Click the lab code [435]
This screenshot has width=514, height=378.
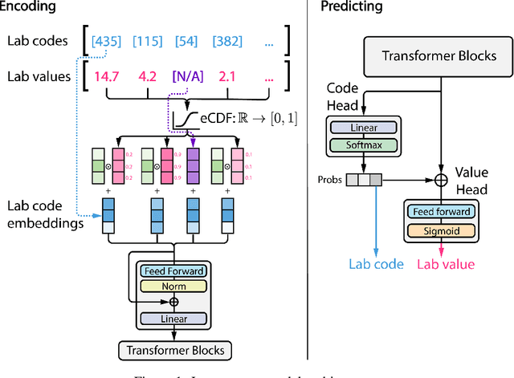pyautogui.click(x=108, y=41)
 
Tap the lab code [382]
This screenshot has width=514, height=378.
pyautogui.click(x=228, y=41)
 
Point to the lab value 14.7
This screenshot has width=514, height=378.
pyautogui.click(x=105, y=77)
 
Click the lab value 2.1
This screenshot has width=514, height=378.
pyautogui.click(x=227, y=77)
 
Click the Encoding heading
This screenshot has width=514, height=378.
pyautogui.click(x=30, y=6)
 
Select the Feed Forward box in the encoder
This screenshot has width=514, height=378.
pyautogui.click(x=173, y=271)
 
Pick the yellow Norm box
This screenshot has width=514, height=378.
pyautogui.click(x=173, y=286)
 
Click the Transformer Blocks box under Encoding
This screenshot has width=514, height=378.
pyautogui.click(x=173, y=350)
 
